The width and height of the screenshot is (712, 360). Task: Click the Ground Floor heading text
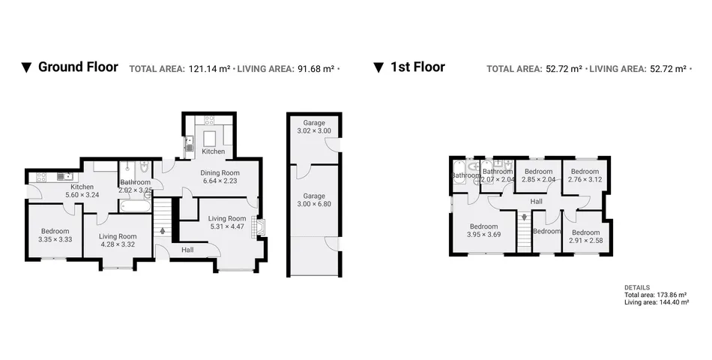click(78, 67)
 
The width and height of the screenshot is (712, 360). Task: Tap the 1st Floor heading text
click(417, 67)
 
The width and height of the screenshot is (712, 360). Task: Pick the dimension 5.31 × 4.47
click(227, 226)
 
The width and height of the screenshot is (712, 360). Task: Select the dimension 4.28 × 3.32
click(118, 244)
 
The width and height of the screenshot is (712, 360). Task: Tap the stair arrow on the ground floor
click(163, 231)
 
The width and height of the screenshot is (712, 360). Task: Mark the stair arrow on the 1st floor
click(524, 217)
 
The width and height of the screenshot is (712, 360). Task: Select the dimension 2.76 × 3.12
click(585, 179)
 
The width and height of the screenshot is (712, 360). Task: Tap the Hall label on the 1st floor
click(537, 201)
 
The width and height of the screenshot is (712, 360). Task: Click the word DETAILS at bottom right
click(636, 287)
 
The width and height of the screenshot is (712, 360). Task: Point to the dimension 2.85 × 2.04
click(539, 179)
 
